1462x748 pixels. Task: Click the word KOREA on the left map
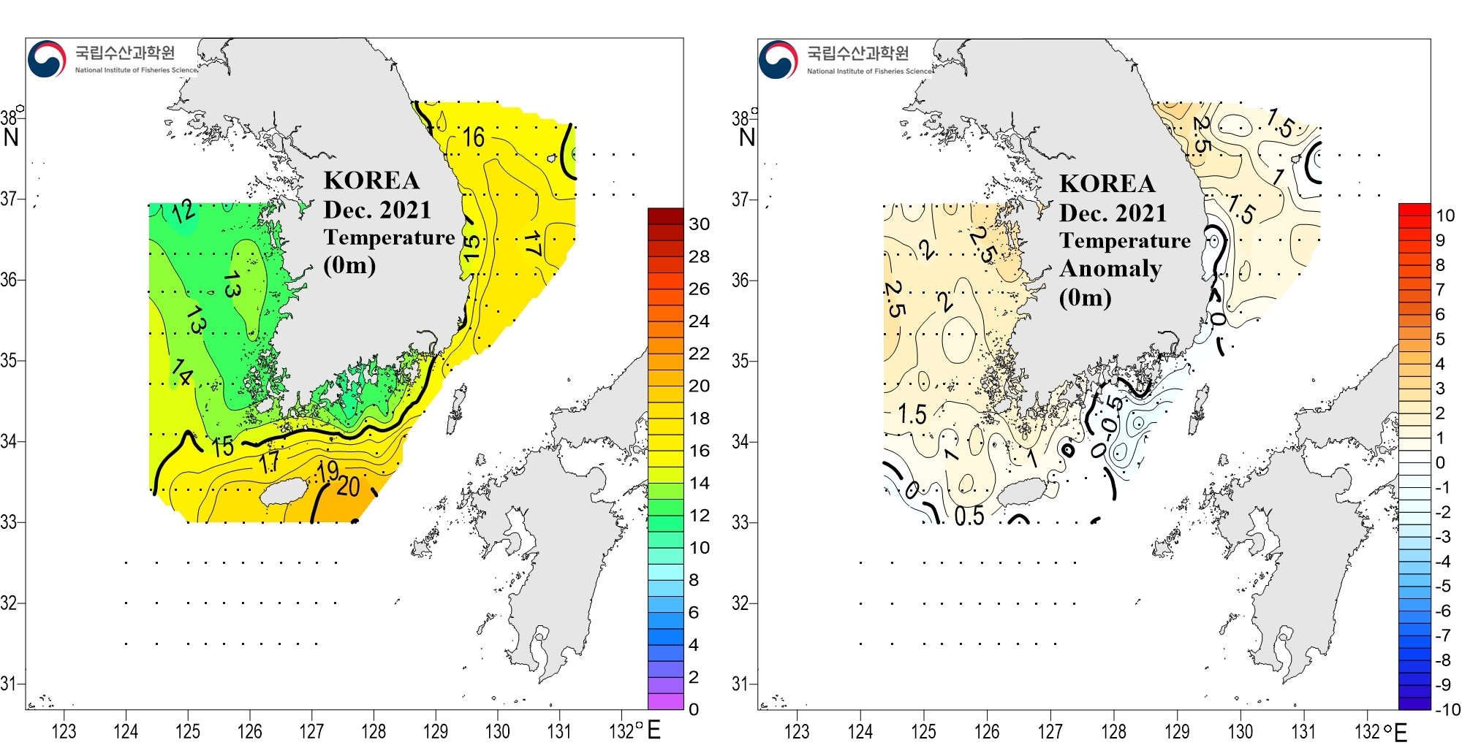(371, 180)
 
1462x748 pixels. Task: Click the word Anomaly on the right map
(1110, 269)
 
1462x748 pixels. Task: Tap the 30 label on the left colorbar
(700, 224)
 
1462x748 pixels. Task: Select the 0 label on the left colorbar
(694, 709)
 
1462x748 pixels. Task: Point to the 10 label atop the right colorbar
(1445, 215)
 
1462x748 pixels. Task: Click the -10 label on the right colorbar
(1447, 709)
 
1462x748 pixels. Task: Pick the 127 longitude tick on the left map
(311, 731)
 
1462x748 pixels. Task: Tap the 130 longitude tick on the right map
(1241, 731)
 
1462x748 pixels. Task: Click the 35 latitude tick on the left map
(9, 360)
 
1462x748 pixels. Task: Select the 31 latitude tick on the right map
(741, 684)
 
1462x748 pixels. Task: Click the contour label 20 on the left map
(349, 486)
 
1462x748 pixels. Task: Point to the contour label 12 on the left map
(183, 212)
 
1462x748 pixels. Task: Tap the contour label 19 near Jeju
(327, 471)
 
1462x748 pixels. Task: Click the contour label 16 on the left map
(473, 137)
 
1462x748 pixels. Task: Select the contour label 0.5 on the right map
(969, 516)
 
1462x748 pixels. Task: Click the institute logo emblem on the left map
(47, 59)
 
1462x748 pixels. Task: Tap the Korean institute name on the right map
(857, 53)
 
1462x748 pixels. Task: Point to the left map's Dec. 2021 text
(377, 210)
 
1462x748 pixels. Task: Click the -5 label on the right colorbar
(1442, 586)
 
